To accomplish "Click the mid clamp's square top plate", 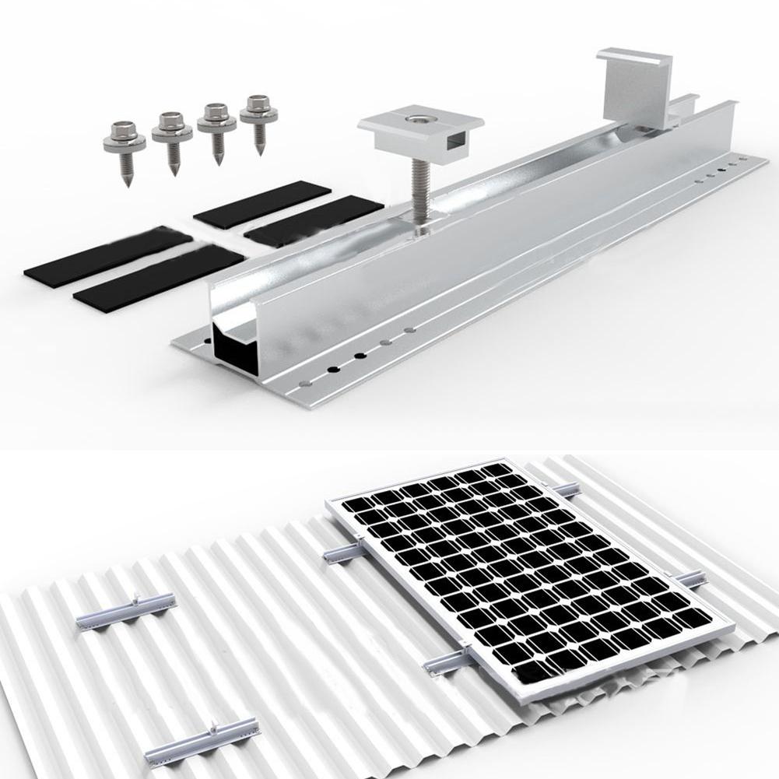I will pyautogui.click(x=420, y=125).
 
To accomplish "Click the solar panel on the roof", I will pyautogui.click(x=529, y=576).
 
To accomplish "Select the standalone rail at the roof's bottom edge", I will pyautogui.click(x=201, y=739).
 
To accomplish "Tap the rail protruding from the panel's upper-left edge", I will pyautogui.click(x=343, y=552).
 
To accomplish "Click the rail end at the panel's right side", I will pyautogui.click(x=689, y=580).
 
